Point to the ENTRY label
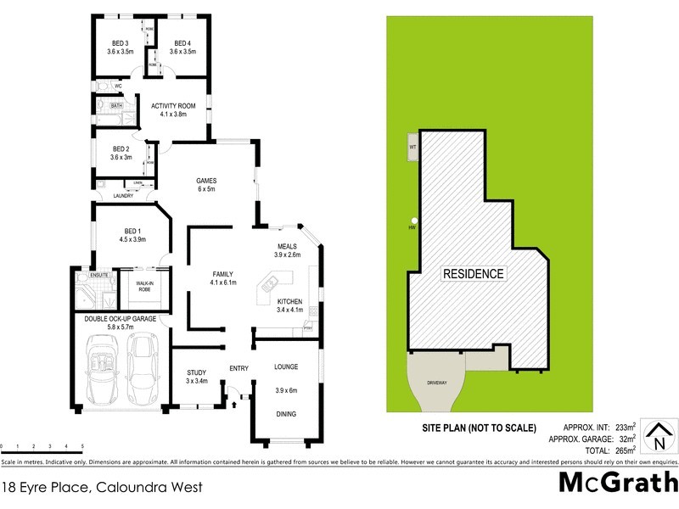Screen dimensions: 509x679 (238, 368)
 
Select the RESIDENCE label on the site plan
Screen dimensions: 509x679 (473, 274)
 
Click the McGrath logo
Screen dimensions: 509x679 (616, 482)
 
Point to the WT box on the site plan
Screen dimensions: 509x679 (412, 147)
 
